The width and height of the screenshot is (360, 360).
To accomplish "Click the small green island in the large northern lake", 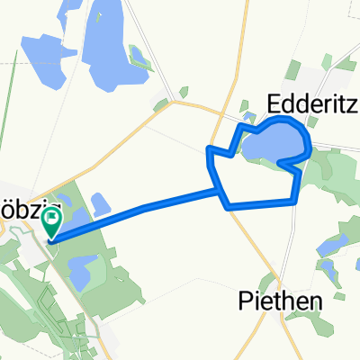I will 140,58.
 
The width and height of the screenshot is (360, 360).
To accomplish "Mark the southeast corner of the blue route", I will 295,202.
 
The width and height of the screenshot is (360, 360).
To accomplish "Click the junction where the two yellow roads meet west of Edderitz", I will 175,103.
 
